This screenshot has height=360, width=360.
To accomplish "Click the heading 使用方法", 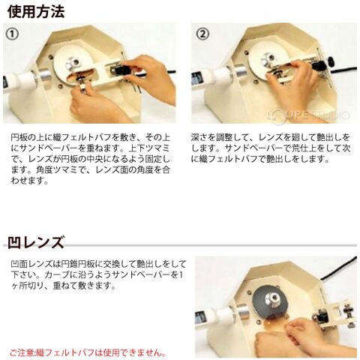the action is (x=36, y=11).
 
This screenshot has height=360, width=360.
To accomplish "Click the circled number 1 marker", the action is (x=12, y=34).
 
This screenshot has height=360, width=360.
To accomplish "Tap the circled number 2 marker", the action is (x=202, y=34).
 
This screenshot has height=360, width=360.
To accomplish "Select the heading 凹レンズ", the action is (x=36, y=242).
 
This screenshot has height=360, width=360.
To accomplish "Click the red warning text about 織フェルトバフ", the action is (x=88, y=352).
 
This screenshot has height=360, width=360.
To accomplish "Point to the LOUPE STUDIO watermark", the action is (x=308, y=115).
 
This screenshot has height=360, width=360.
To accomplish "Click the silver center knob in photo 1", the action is (x=73, y=64).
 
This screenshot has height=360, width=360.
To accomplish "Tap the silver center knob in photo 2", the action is (x=268, y=61).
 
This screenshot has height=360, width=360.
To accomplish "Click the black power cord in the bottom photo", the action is (x=338, y=268).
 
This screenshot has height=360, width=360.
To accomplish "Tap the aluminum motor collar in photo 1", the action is (x=43, y=76).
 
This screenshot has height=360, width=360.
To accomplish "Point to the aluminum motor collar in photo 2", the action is (x=239, y=73).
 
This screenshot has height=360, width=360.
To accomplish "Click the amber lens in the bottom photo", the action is (x=275, y=321).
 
